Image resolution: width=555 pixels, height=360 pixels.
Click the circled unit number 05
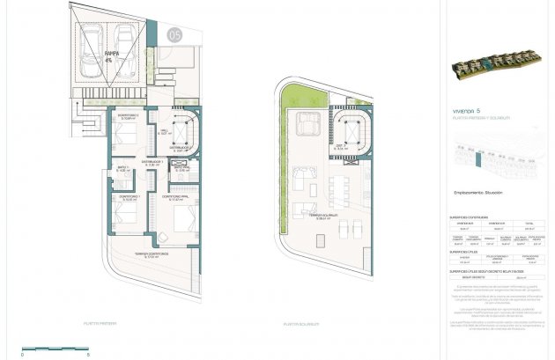pyautogui.click(x=174, y=34)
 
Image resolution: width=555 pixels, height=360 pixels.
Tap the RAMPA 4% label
pyautogui.click(x=111, y=56)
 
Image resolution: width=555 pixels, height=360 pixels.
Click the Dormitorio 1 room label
pyautogui.click(x=128, y=198)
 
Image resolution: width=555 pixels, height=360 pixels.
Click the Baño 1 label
pyautogui.click(x=123, y=168)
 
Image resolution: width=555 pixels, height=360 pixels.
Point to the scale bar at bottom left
pyautogui.click(x=55, y=347)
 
